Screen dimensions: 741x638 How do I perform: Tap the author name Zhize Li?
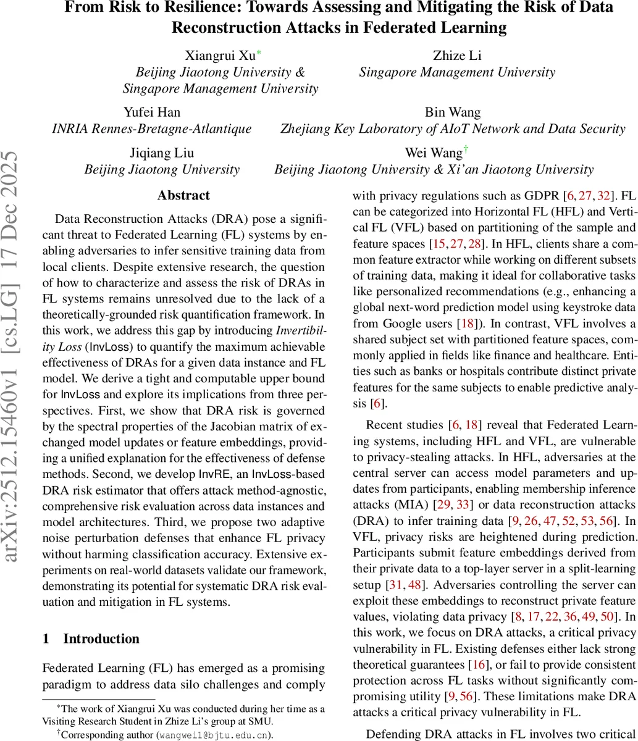coord(457,56)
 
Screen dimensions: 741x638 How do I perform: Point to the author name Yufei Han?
coord(151,112)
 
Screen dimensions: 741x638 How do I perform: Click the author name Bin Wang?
coord(452,112)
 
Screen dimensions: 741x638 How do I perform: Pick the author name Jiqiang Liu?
coord(162,153)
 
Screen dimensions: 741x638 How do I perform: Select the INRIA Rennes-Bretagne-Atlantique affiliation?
coord(151,129)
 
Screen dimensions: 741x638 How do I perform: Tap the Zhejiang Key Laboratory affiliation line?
coord(452,129)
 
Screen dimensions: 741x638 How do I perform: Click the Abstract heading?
coord(183,195)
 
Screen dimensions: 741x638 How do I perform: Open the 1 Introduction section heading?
coord(91,638)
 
